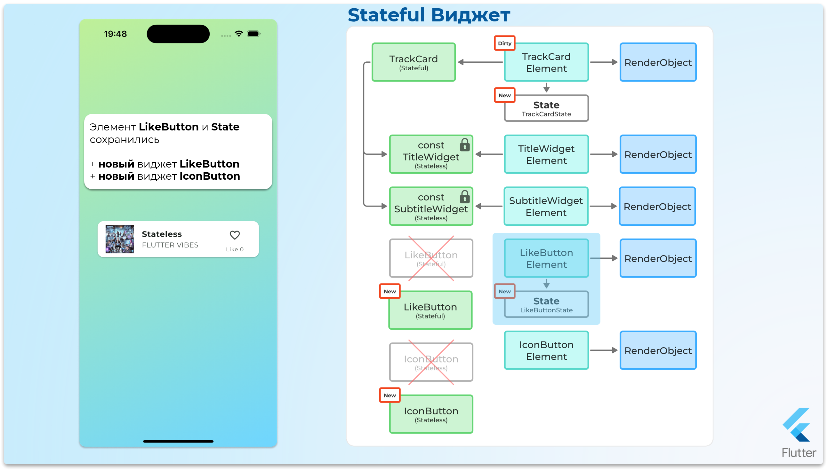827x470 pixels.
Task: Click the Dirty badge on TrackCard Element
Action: (504, 43)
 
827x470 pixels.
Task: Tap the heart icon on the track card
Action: (235, 235)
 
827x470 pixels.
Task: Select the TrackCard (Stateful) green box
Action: (413, 62)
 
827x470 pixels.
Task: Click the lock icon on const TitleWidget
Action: (464, 145)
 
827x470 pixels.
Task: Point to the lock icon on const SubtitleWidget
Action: (464, 197)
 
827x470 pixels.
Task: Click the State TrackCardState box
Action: (546, 108)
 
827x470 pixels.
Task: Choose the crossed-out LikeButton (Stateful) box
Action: (431, 258)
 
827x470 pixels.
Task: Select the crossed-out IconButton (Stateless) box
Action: (431, 362)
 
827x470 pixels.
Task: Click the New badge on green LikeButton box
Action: (389, 291)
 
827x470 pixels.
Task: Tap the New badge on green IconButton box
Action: (389, 395)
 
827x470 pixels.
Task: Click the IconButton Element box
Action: (546, 350)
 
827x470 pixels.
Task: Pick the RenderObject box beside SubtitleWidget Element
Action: (657, 206)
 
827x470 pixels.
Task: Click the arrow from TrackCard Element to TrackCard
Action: (480, 62)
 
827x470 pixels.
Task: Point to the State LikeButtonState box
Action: (546, 305)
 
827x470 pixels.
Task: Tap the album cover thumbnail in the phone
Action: (119, 239)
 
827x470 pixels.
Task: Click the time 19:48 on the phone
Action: (115, 34)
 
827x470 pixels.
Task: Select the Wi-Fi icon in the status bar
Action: (239, 34)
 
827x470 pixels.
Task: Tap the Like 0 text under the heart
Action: (235, 249)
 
